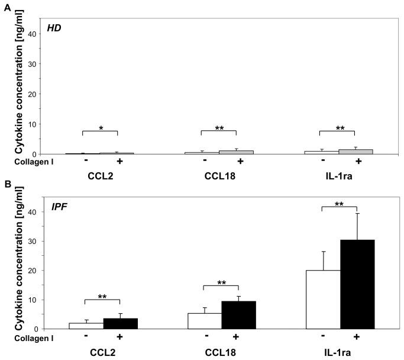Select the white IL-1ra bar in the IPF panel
[323, 299]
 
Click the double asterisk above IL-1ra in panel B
[339, 203]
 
